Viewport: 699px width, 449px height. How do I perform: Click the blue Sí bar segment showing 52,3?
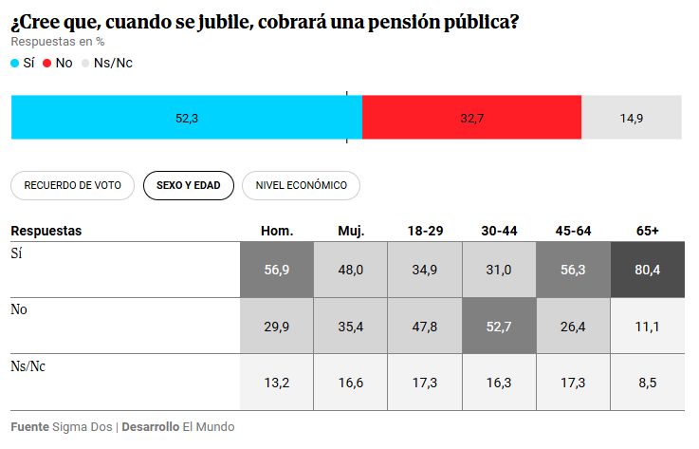pyautogui.click(x=186, y=119)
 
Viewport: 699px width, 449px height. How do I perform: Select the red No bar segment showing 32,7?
pyautogui.click(x=471, y=119)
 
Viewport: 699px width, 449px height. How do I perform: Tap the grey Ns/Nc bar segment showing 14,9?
pyautogui.click(x=632, y=119)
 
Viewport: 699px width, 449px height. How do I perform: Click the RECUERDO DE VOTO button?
pyautogui.click(x=72, y=186)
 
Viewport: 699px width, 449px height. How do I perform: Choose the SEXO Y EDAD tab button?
pyautogui.click(x=188, y=186)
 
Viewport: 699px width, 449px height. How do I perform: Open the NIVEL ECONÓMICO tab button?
pyautogui.click(x=301, y=186)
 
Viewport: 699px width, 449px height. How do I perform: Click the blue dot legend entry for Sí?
pyautogui.click(x=22, y=63)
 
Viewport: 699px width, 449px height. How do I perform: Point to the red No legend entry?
pyautogui.click(x=58, y=63)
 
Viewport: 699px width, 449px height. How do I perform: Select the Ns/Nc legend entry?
pyautogui.click(x=106, y=63)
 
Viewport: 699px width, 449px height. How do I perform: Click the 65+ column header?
pyautogui.click(x=649, y=231)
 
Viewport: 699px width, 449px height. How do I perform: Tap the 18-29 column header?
pyautogui.click(x=425, y=231)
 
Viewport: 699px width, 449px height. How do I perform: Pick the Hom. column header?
pyautogui.click(x=277, y=231)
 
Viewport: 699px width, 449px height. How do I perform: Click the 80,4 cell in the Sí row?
pyautogui.click(x=649, y=270)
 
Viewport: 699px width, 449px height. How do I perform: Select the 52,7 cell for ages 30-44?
pyautogui.click(x=499, y=326)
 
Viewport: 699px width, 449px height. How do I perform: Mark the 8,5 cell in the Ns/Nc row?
pyautogui.click(x=649, y=382)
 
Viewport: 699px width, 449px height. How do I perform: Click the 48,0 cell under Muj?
pyautogui.click(x=350, y=270)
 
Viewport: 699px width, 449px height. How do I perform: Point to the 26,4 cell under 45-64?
pyautogui.click(x=574, y=326)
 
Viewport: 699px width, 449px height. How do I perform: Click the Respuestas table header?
pyautogui.click(x=46, y=231)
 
